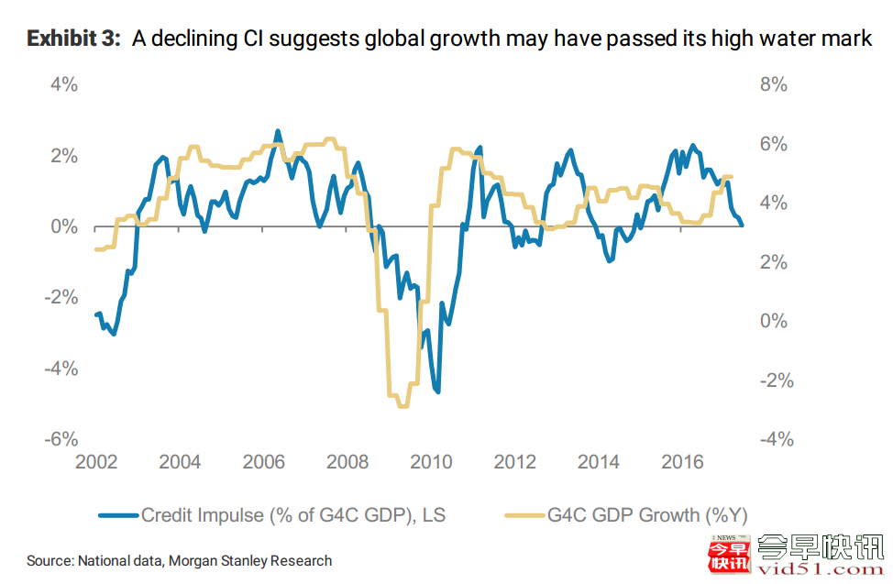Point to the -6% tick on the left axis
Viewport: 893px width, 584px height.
point(61,440)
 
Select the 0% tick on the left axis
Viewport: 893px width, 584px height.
point(63,226)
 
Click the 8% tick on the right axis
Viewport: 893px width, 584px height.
point(774,84)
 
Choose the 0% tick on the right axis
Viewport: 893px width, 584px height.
point(774,322)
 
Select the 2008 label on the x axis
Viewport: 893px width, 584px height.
point(347,462)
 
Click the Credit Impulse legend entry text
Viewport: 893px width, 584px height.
point(292,515)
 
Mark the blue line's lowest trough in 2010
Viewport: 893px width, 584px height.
point(438,392)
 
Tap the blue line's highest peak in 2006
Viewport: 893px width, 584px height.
point(278,131)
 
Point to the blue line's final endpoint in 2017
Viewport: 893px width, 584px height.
point(743,225)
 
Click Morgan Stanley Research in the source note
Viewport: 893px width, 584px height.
point(260,560)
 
